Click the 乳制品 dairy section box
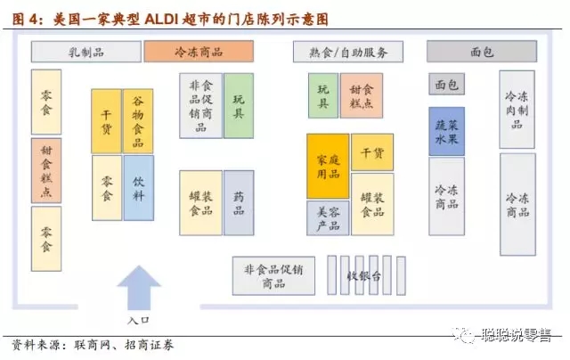[x=86, y=52]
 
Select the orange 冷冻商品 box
[x=199, y=52]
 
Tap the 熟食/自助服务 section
[x=348, y=52]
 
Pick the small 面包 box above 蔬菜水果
[x=446, y=84]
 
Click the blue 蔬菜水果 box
[x=446, y=131]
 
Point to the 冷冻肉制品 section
[x=517, y=110]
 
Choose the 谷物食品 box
[x=138, y=121]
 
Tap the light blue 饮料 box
[x=139, y=188]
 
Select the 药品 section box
[x=239, y=203]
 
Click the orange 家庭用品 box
[x=328, y=166]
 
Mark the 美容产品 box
[x=328, y=218]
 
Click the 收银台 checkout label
[x=364, y=276]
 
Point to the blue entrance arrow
[x=139, y=288]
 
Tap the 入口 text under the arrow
[x=138, y=321]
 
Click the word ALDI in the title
[x=160, y=19]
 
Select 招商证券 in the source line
[x=149, y=345]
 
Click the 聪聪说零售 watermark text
[x=517, y=335]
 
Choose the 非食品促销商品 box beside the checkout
[x=273, y=275]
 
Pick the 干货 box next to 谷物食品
[x=106, y=121]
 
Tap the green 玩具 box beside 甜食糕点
[x=323, y=95]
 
